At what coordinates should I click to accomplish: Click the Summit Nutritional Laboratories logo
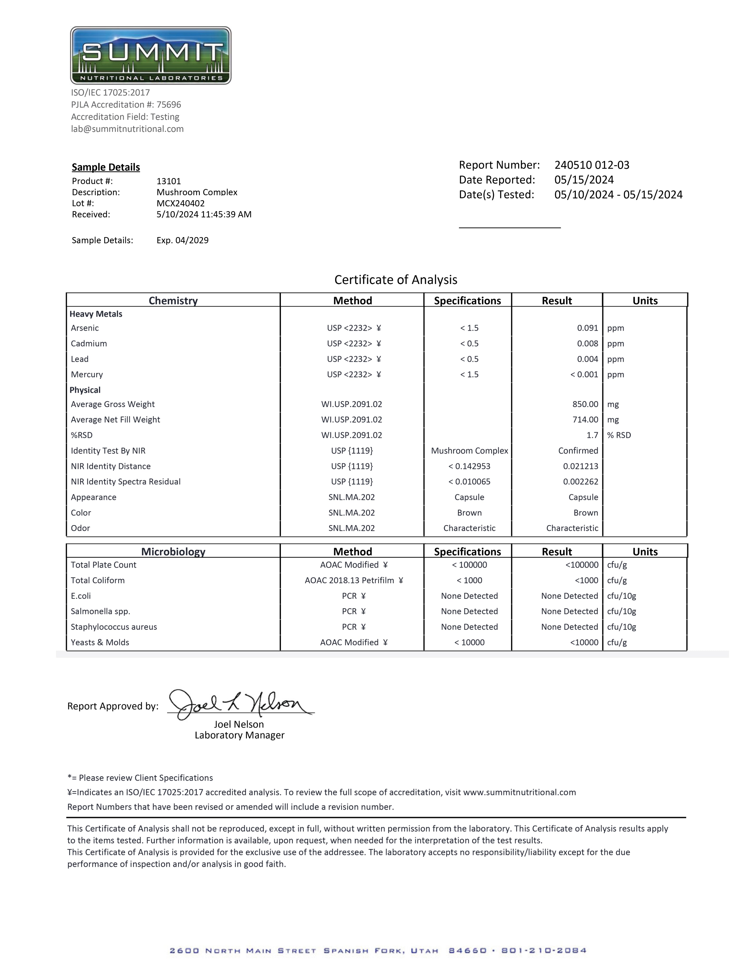coord(151,55)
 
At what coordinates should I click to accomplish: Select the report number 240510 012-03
coord(592,165)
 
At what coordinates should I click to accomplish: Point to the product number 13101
coord(169,181)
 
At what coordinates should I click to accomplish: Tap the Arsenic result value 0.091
coord(587,328)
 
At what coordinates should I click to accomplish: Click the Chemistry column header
coord(173,300)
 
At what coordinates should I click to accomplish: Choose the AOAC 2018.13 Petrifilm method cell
coord(353,580)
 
